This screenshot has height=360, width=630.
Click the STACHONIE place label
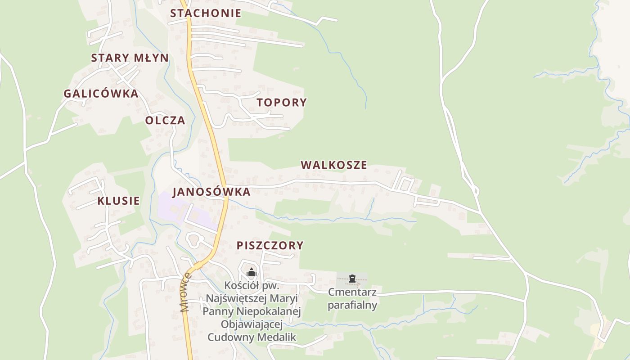pos(205,13)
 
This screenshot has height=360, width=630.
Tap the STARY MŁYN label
pos(130,58)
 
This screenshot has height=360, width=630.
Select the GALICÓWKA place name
pos(101,94)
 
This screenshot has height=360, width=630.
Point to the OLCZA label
pos(165,120)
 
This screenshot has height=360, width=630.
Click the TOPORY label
pos(282,102)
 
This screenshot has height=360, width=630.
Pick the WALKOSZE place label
pos(334,165)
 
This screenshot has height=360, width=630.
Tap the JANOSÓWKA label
pos(211,192)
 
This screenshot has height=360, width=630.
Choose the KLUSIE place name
pos(118,201)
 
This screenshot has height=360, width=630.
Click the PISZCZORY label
pos(270,245)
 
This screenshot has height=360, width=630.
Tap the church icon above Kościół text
pos(251,272)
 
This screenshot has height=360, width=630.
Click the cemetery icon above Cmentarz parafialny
pos(352,279)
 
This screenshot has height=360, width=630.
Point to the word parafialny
pos(352,305)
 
